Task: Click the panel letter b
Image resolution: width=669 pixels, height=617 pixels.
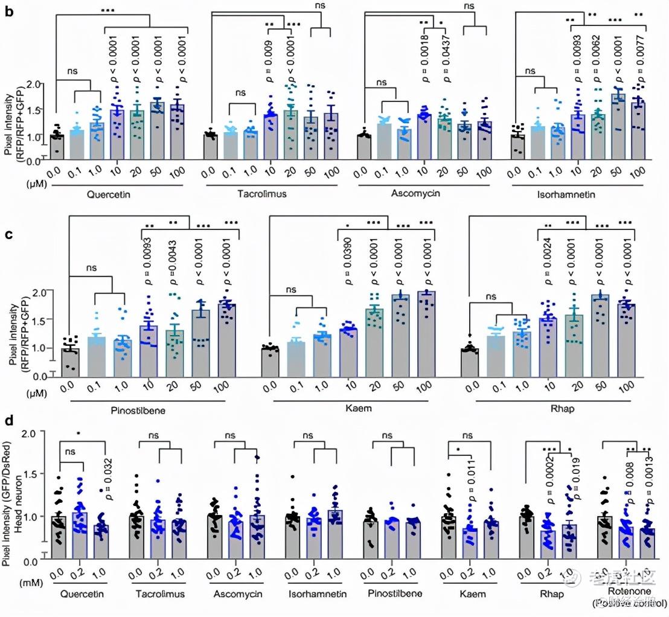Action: (9, 11)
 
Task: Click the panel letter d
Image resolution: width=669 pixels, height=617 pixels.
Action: (8, 416)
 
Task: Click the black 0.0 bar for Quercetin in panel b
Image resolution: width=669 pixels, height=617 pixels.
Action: (57, 145)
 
